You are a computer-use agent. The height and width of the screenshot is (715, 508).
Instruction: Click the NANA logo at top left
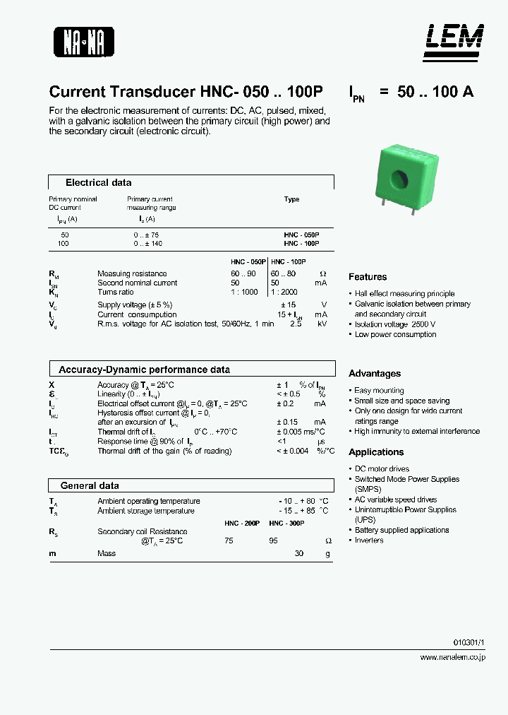tap(84, 41)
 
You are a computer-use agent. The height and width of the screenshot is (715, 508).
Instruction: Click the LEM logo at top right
tap(454, 38)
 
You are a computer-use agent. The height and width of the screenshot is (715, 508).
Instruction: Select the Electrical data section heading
tap(98, 182)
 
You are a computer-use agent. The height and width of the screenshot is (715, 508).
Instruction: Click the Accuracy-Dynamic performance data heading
tap(144, 370)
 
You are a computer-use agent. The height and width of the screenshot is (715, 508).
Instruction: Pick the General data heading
tap(90, 485)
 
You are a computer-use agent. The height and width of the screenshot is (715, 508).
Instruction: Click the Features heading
tap(368, 277)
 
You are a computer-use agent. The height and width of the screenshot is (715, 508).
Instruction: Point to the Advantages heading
tap(375, 374)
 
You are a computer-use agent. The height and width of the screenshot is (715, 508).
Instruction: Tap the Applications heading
tap(376, 452)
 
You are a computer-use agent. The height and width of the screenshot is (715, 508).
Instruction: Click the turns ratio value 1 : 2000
tap(284, 292)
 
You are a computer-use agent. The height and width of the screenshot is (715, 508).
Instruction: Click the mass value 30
tap(299, 553)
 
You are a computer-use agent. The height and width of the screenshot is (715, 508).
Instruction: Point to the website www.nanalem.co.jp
tap(452, 657)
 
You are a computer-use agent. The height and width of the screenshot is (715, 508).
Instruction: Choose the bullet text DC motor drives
tap(382, 469)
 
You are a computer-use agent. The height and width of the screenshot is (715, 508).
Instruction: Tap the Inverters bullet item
tap(369, 540)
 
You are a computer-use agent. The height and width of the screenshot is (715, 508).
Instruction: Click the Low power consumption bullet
tap(395, 335)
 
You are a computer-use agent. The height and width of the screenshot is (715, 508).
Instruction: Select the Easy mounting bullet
tap(379, 391)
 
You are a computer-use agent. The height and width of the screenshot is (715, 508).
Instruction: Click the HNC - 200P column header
tap(242, 524)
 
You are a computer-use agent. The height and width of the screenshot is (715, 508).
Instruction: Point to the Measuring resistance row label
tap(132, 273)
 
